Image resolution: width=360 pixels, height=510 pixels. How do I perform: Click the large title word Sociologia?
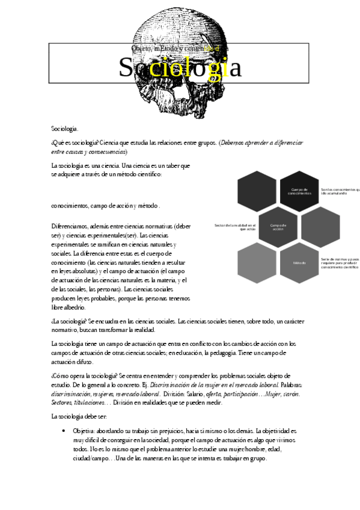(180, 68)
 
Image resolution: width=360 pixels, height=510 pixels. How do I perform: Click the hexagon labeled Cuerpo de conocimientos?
(299, 191)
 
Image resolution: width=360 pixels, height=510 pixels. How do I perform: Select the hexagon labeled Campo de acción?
(278, 227)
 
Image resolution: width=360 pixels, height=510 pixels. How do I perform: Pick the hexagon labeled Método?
(299, 263)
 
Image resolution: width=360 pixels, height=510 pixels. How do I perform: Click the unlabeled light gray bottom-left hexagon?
(257, 263)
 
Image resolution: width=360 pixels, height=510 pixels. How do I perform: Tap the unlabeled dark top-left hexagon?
(257, 191)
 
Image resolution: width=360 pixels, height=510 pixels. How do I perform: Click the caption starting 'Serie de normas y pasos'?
(340, 263)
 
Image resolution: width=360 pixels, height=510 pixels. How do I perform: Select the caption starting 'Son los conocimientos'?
(340, 191)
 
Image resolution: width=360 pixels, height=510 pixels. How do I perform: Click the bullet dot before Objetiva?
(64, 431)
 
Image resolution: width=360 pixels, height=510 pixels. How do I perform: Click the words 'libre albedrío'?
(69, 307)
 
